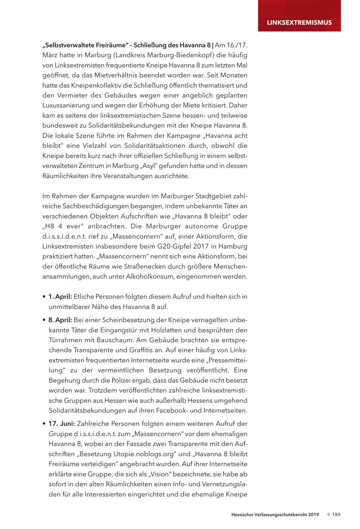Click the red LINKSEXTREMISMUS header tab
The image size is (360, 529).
click(299, 22)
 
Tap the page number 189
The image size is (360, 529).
click(336, 515)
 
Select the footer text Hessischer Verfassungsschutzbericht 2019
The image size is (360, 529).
click(275, 515)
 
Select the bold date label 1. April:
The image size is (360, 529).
click(60, 297)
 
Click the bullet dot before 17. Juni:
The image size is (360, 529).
click(44, 424)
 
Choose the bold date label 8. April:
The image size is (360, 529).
click(60, 320)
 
